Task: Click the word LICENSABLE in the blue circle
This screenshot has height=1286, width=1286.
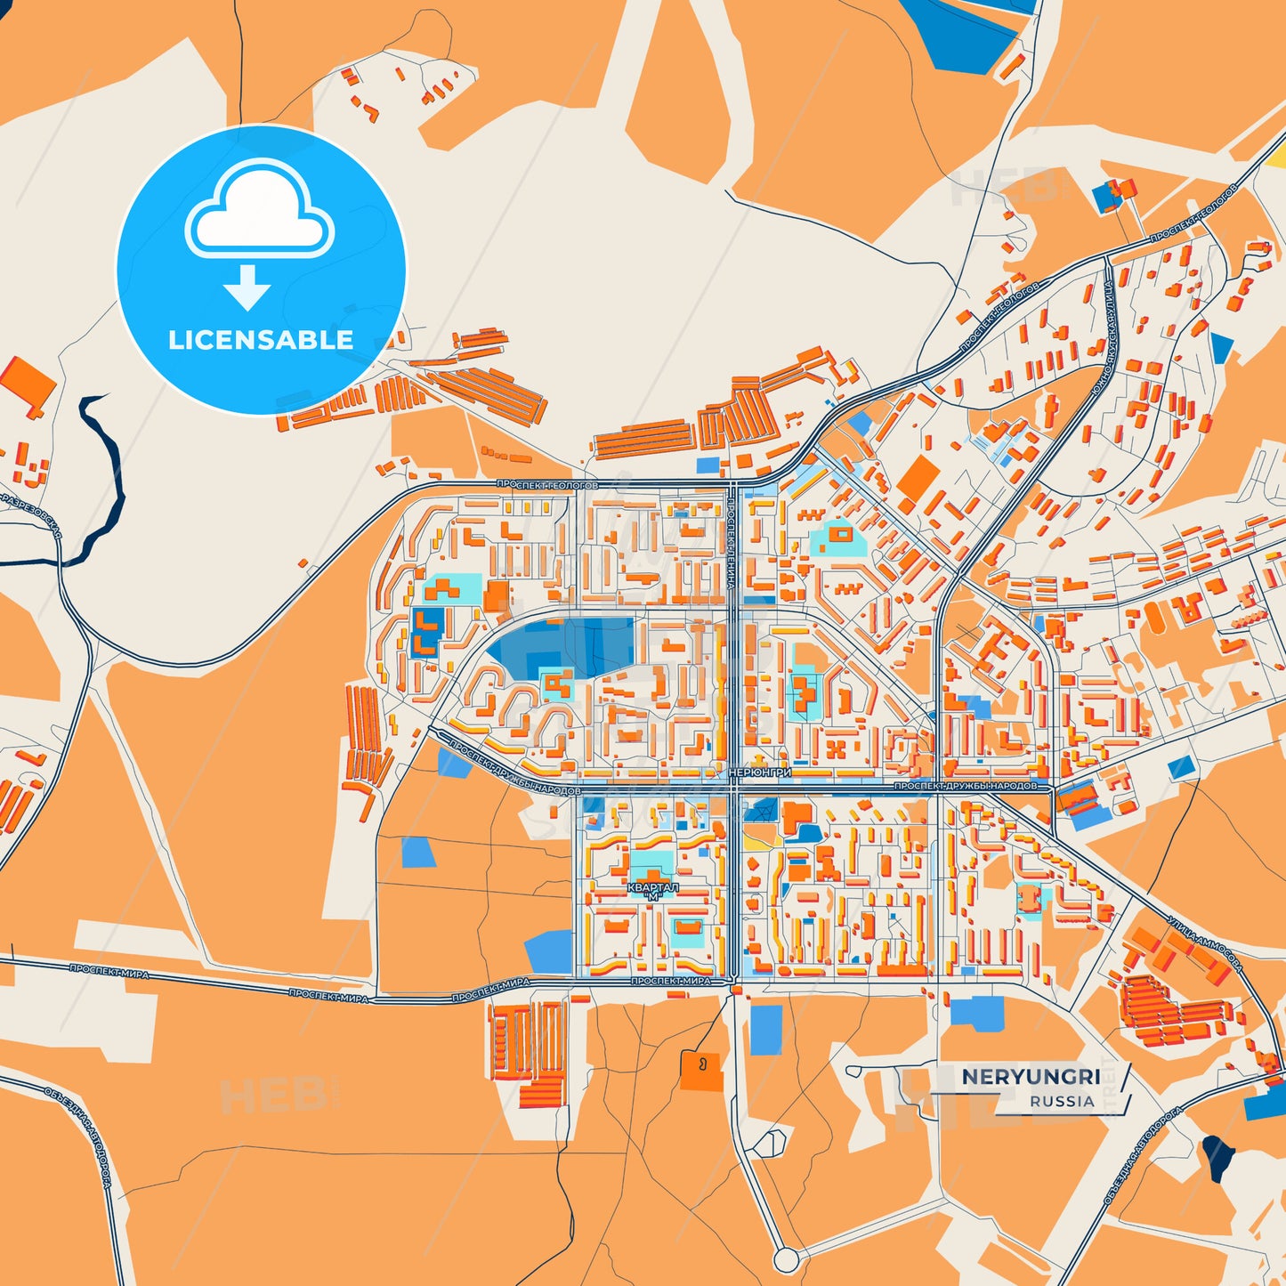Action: tap(261, 340)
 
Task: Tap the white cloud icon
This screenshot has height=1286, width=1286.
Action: tap(259, 212)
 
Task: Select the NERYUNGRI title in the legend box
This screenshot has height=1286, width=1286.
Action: tap(1031, 1077)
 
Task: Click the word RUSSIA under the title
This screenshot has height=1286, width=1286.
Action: tap(1062, 1101)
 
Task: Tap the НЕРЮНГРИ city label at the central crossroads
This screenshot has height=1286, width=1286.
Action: tap(759, 772)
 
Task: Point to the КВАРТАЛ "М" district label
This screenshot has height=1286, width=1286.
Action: tap(653, 892)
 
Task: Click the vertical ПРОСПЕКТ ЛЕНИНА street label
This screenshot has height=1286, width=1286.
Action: tap(731, 543)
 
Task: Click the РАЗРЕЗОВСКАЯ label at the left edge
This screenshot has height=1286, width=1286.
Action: tap(31, 516)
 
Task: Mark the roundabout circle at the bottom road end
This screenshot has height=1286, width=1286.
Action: tap(785, 1259)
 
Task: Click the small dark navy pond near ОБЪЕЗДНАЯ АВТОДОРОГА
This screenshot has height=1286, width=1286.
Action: tap(1217, 1156)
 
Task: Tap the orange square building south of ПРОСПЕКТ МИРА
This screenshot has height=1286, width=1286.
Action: tap(701, 1070)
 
